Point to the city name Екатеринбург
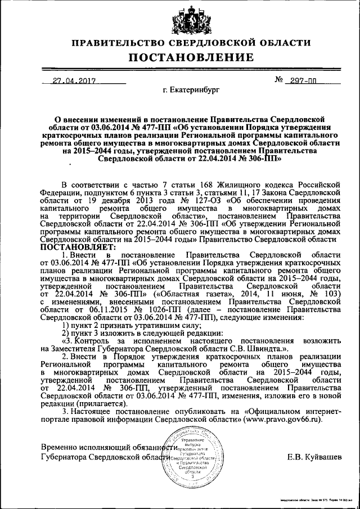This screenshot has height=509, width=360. point(191,90)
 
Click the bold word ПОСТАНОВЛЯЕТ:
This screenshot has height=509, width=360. point(78,246)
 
